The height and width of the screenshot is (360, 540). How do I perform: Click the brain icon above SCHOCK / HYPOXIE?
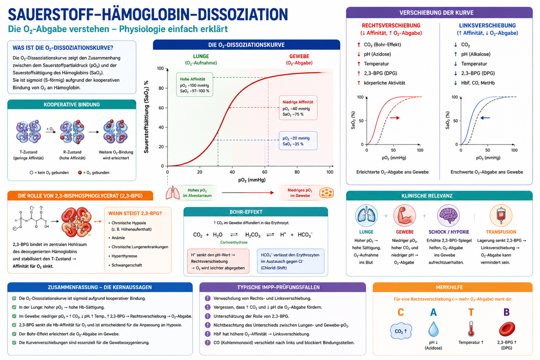[448, 215]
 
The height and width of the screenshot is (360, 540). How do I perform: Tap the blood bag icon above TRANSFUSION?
[501, 215]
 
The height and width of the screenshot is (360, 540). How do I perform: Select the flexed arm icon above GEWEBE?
[405, 215]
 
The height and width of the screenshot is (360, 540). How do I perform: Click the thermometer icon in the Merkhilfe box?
[471, 328]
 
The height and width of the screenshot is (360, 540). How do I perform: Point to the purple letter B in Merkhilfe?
[507, 312]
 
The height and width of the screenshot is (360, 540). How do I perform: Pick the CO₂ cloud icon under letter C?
[401, 331]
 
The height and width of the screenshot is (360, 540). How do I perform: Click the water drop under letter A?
[433, 328]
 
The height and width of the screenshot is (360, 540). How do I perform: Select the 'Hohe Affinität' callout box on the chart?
[194, 85]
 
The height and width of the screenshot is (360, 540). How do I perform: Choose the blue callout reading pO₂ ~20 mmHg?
[298, 141]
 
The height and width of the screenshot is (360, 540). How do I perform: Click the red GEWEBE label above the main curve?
[299, 56]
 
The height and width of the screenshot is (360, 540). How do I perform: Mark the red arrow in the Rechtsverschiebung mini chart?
[395, 118]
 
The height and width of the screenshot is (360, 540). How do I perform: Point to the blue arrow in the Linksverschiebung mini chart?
[485, 118]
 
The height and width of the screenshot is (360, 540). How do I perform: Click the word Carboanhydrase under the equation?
[234, 243]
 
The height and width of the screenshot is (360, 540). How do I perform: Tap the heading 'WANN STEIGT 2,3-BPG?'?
[135, 213]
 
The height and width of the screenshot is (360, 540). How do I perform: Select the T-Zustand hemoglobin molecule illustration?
[28, 132]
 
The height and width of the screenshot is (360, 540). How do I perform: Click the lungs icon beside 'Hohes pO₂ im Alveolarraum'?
[173, 193]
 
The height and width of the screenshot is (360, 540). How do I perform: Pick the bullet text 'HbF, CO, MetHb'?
[478, 83]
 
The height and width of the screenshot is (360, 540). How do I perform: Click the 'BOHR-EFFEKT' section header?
[246, 212]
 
